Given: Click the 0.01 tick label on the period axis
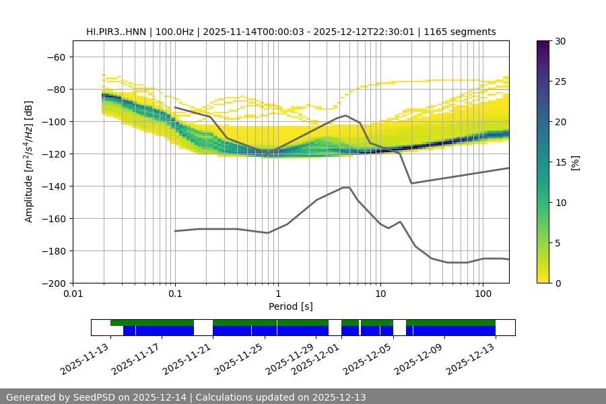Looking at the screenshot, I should tap(73, 294).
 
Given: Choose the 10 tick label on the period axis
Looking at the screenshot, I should tap(380, 294).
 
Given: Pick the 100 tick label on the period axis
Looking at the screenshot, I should tap(482, 294).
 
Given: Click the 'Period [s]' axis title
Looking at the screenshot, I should tap(290, 306).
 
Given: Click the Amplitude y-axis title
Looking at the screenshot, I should tap(29, 162).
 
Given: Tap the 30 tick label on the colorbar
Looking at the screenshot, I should tap(560, 41).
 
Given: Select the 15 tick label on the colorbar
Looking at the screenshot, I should tap(560, 162).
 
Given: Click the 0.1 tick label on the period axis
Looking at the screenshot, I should tap(175, 294).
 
